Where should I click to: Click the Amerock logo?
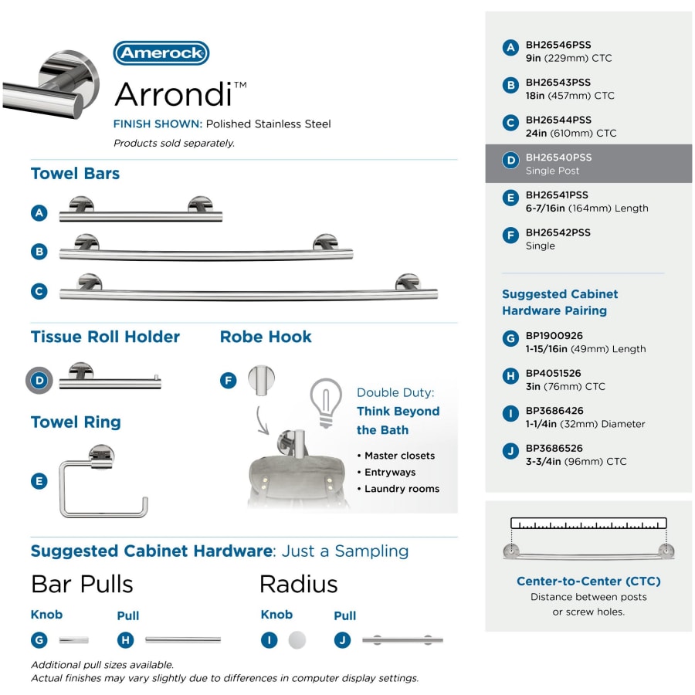(161, 53)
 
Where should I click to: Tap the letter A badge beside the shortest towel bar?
(40, 213)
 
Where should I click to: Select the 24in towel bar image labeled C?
(247, 290)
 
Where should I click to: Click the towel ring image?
(103, 482)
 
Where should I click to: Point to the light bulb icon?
(325, 400)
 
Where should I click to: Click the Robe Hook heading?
(266, 337)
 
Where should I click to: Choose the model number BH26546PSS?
(558, 45)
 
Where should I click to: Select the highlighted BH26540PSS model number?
(558, 158)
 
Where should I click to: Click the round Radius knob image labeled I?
(297, 639)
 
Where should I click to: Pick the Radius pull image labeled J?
(402, 639)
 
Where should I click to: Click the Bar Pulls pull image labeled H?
(183, 639)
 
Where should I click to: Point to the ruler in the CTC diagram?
(588, 524)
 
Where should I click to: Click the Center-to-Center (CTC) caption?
(588, 581)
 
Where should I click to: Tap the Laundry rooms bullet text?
(402, 489)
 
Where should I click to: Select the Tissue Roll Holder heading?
(105, 337)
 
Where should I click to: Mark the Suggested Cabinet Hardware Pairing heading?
(560, 302)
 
